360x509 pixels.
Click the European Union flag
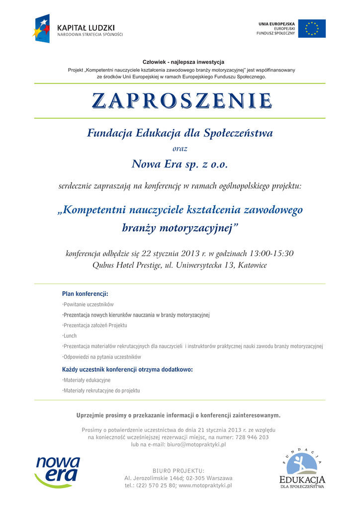coord(315,29)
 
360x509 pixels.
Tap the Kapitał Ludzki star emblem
coord(42,28)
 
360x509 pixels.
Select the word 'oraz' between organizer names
coord(180,148)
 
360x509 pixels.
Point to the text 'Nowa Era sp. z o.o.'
coord(180,164)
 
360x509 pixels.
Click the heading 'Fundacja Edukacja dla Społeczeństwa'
coord(180,133)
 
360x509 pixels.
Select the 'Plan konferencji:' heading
coord(85,294)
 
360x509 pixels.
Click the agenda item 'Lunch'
coord(70,336)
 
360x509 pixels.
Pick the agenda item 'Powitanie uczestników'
coord(89,304)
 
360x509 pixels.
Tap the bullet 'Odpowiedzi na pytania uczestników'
coord(102,357)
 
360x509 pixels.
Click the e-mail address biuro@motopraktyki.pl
coord(196,444)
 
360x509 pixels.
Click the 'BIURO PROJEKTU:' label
coord(179,470)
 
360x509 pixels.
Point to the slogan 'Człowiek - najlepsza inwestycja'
coord(183,62)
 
